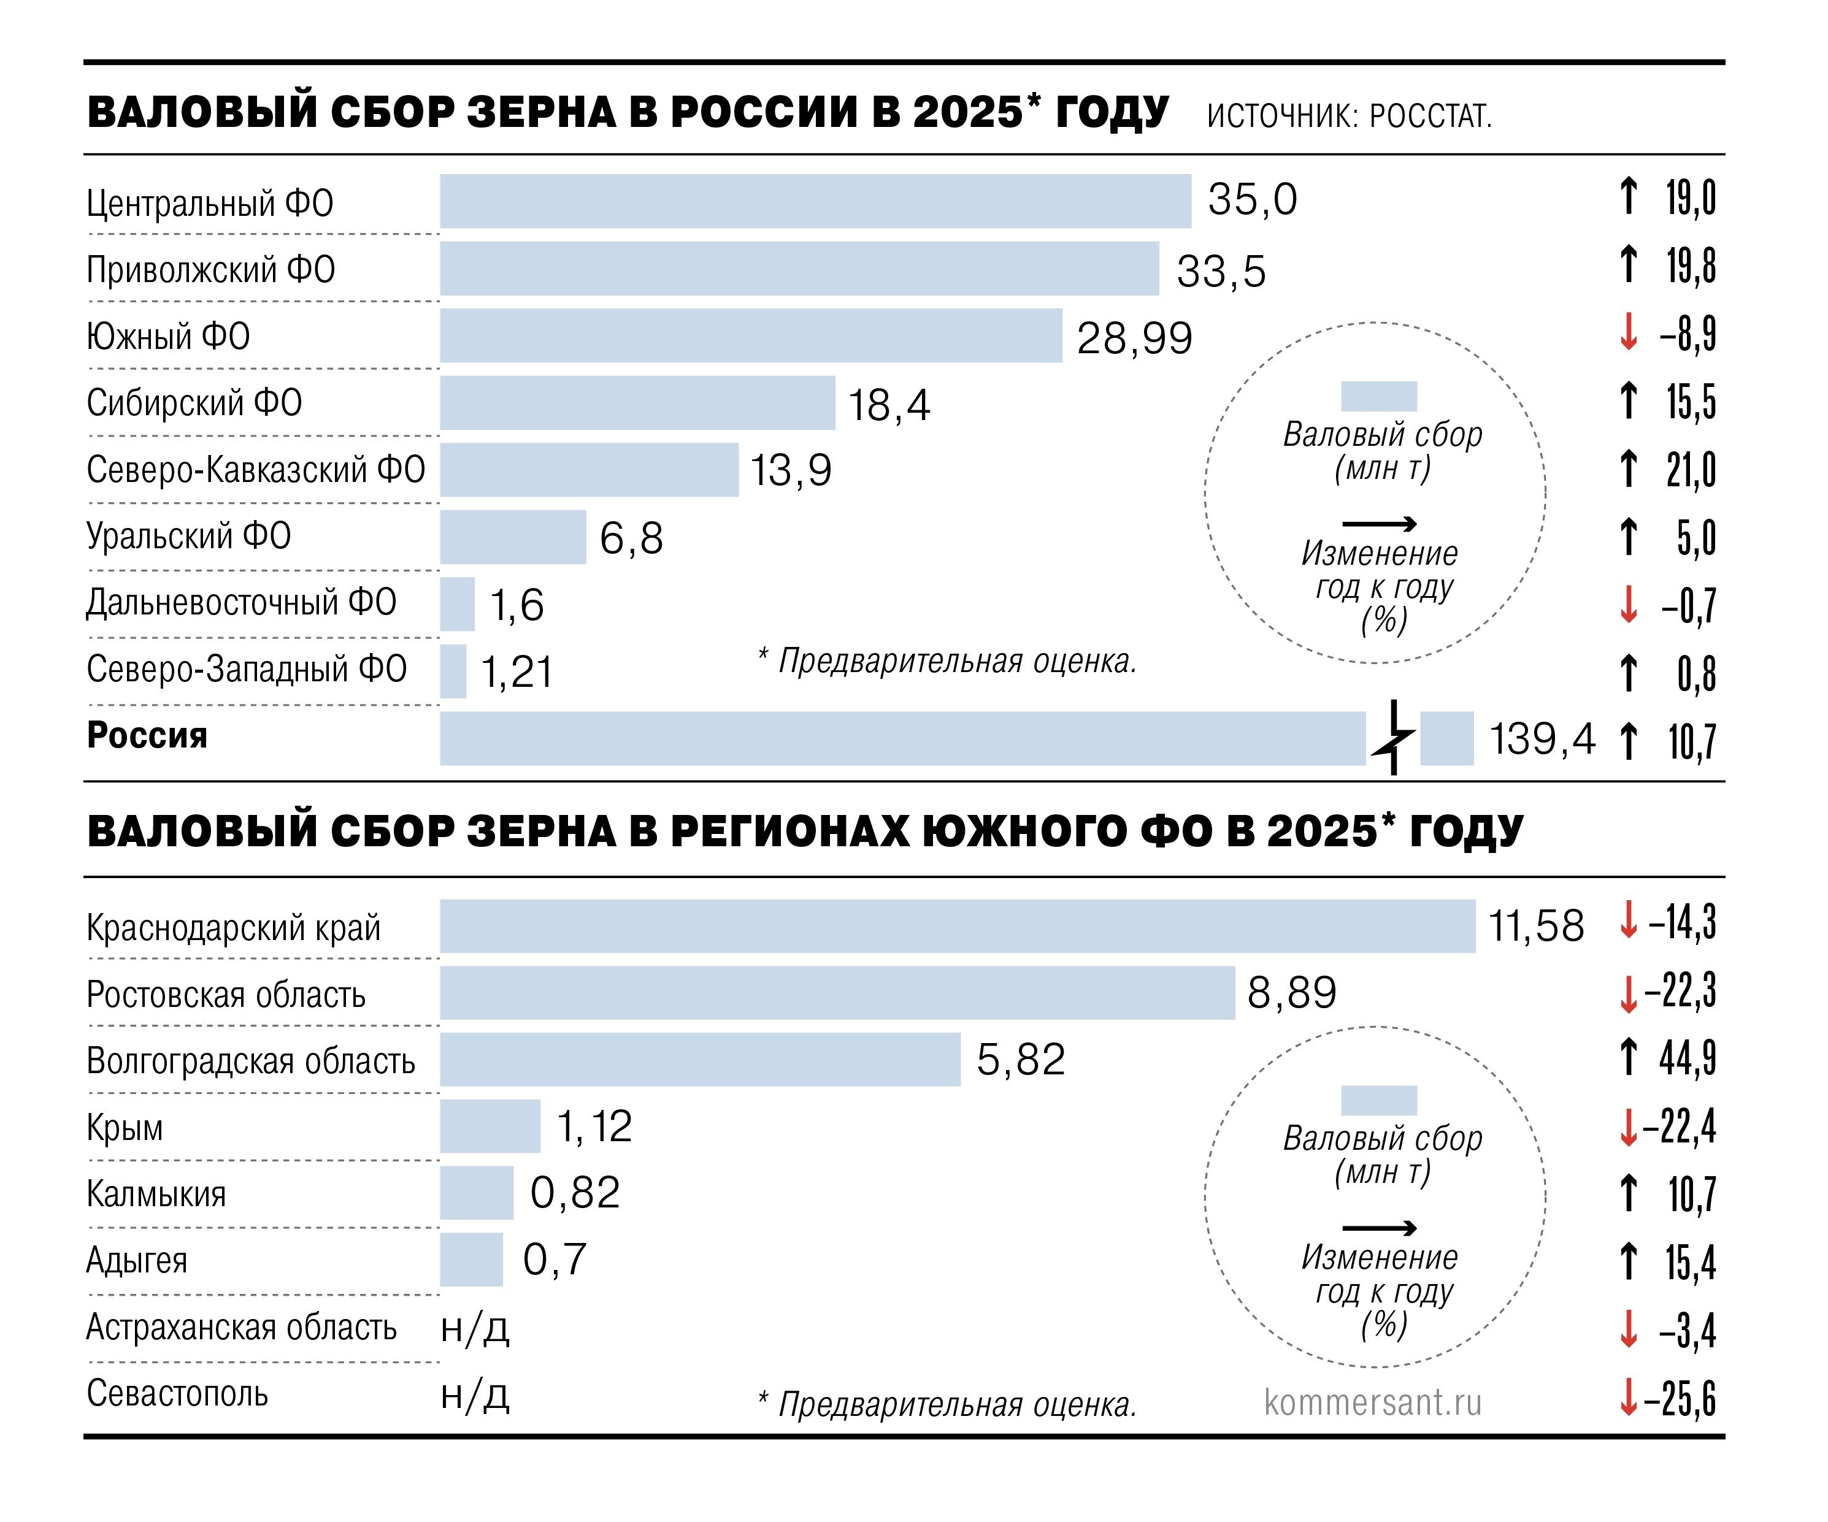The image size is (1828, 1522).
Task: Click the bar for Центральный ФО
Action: point(815,201)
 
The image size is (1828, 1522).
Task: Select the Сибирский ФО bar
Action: point(637,403)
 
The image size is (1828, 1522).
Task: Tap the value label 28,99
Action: point(1134,338)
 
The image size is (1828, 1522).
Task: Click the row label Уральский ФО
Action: point(189,536)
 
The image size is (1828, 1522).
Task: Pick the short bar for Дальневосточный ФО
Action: point(457,604)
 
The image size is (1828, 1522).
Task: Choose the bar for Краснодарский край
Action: point(958,926)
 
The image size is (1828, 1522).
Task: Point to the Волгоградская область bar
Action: point(700,1059)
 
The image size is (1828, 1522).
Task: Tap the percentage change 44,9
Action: point(1687,1059)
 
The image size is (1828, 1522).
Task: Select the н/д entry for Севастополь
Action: point(474,1395)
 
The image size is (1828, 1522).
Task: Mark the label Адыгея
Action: point(137,1260)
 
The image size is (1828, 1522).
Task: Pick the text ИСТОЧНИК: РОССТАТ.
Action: point(1348,116)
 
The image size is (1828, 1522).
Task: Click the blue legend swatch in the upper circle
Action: point(1379,396)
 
